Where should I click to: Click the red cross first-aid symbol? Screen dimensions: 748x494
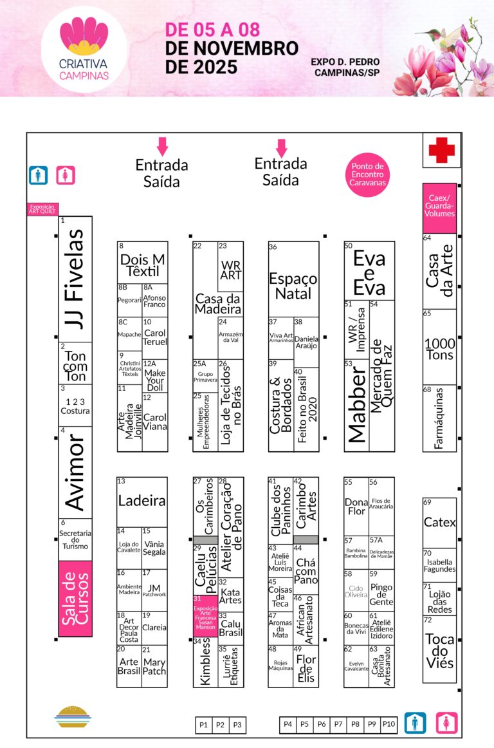tap(441, 150)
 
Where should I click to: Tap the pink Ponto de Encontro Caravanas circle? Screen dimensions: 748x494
tap(367, 174)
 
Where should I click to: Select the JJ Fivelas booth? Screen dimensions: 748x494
tap(75, 279)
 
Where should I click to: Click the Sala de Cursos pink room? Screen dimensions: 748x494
tap(75, 599)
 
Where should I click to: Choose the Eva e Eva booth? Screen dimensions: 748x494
tap(369, 270)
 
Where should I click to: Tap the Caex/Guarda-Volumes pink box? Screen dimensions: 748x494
tap(439, 208)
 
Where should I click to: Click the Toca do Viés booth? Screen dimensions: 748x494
tap(439, 650)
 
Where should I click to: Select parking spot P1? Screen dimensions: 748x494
tap(204, 725)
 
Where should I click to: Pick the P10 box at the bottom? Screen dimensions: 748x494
tap(389, 724)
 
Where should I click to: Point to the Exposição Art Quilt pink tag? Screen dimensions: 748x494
tap(42, 209)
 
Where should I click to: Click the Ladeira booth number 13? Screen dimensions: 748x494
tap(142, 501)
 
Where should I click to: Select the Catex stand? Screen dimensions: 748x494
tap(439, 522)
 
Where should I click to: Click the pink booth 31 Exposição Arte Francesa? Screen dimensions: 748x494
tap(205, 616)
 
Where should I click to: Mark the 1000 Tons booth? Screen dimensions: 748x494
tap(439, 348)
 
